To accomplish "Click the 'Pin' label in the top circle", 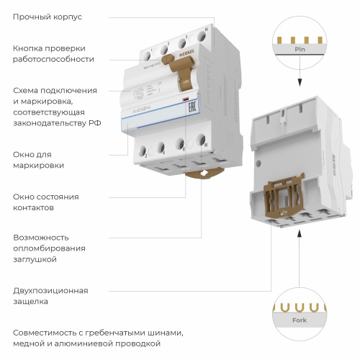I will tap(300, 50).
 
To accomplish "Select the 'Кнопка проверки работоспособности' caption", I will tap(53, 53).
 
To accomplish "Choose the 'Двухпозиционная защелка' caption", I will tap(50, 296).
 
